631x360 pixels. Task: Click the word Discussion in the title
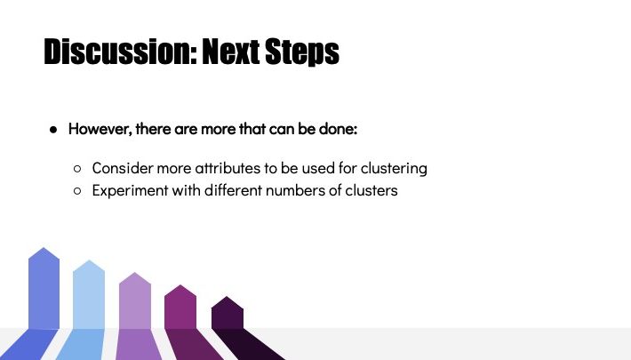click(x=120, y=52)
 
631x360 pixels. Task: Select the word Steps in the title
click(x=302, y=52)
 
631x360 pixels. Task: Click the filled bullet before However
click(x=53, y=130)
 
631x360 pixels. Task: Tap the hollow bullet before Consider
click(x=77, y=169)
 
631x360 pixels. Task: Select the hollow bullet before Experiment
click(x=77, y=191)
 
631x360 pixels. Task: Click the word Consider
click(x=123, y=168)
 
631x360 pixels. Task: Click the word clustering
click(x=394, y=169)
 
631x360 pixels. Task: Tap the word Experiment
click(x=130, y=191)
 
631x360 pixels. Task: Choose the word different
click(x=233, y=190)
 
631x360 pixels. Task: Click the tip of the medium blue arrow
click(x=44, y=248)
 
